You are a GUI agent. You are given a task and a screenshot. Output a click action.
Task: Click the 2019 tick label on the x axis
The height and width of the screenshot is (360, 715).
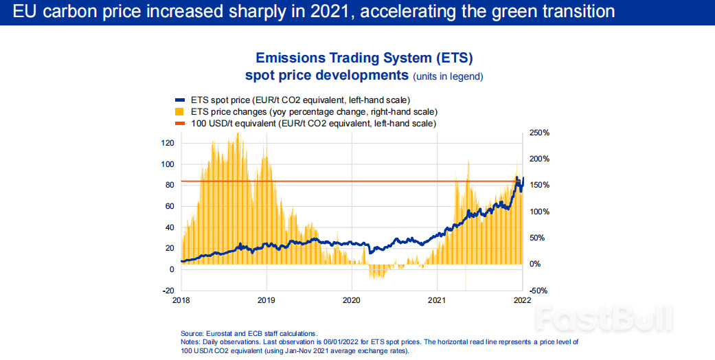coord(266,300)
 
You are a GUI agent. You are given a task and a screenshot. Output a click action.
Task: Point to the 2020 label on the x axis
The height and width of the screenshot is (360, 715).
coord(352,300)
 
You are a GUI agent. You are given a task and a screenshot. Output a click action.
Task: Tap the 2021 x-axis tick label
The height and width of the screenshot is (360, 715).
coord(437,300)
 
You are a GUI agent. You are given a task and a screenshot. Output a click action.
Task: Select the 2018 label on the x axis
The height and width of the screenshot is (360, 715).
coord(181,300)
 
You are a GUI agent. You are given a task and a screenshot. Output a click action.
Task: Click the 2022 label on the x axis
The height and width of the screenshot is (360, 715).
coord(522,300)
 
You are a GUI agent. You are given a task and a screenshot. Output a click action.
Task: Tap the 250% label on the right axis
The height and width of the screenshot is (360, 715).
coord(539,133)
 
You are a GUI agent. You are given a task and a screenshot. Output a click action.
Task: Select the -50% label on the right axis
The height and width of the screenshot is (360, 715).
coord(539,291)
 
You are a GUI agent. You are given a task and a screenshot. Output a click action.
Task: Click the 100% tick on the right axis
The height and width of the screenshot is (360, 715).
coord(539,212)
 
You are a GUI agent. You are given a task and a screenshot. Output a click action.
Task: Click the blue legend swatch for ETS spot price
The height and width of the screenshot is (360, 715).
coord(181,100)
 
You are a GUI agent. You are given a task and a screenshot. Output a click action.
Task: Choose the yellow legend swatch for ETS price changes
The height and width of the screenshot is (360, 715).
coord(181,111)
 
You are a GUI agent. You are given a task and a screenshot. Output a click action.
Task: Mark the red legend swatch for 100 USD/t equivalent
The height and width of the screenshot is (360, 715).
coord(181,123)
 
